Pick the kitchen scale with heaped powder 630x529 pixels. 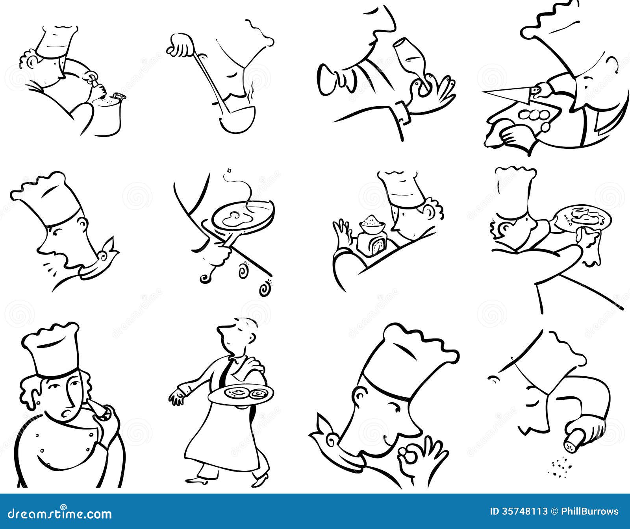point(372,236)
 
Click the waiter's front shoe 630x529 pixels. point(197,479)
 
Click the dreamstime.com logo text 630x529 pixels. point(57,513)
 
